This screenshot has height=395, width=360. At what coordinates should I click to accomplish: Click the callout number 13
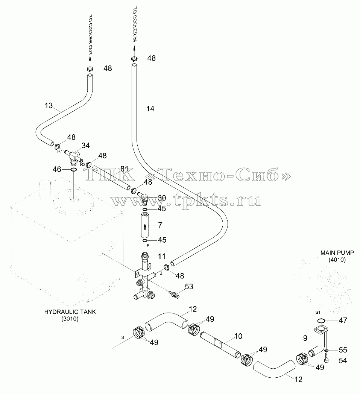[49, 105]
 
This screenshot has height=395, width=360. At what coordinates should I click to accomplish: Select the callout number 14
[150, 109]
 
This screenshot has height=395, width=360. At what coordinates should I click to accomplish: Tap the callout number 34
[86, 146]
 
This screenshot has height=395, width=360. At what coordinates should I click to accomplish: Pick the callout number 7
[160, 225]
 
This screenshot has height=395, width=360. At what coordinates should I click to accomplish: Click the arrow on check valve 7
[145, 227]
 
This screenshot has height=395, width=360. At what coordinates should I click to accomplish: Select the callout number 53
[189, 286]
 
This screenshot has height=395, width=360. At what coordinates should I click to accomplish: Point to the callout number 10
[238, 336]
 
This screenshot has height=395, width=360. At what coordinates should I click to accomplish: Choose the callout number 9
[305, 338]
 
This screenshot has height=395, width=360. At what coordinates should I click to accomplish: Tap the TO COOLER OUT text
[90, 34]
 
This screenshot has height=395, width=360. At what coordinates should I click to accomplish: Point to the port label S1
[317, 312]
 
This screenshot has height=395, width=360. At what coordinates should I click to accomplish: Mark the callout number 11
[162, 256]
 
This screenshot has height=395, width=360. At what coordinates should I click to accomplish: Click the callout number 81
[125, 169]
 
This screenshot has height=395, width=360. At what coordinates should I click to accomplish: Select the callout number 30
[162, 198]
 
